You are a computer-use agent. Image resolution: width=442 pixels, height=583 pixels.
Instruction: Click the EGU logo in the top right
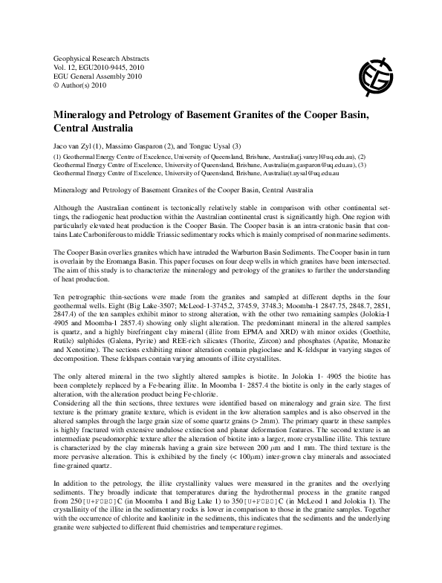point(377,73)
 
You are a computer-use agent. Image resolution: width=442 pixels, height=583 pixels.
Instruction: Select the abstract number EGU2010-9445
point(100,67)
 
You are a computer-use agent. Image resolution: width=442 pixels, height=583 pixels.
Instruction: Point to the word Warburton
point(257,254)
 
